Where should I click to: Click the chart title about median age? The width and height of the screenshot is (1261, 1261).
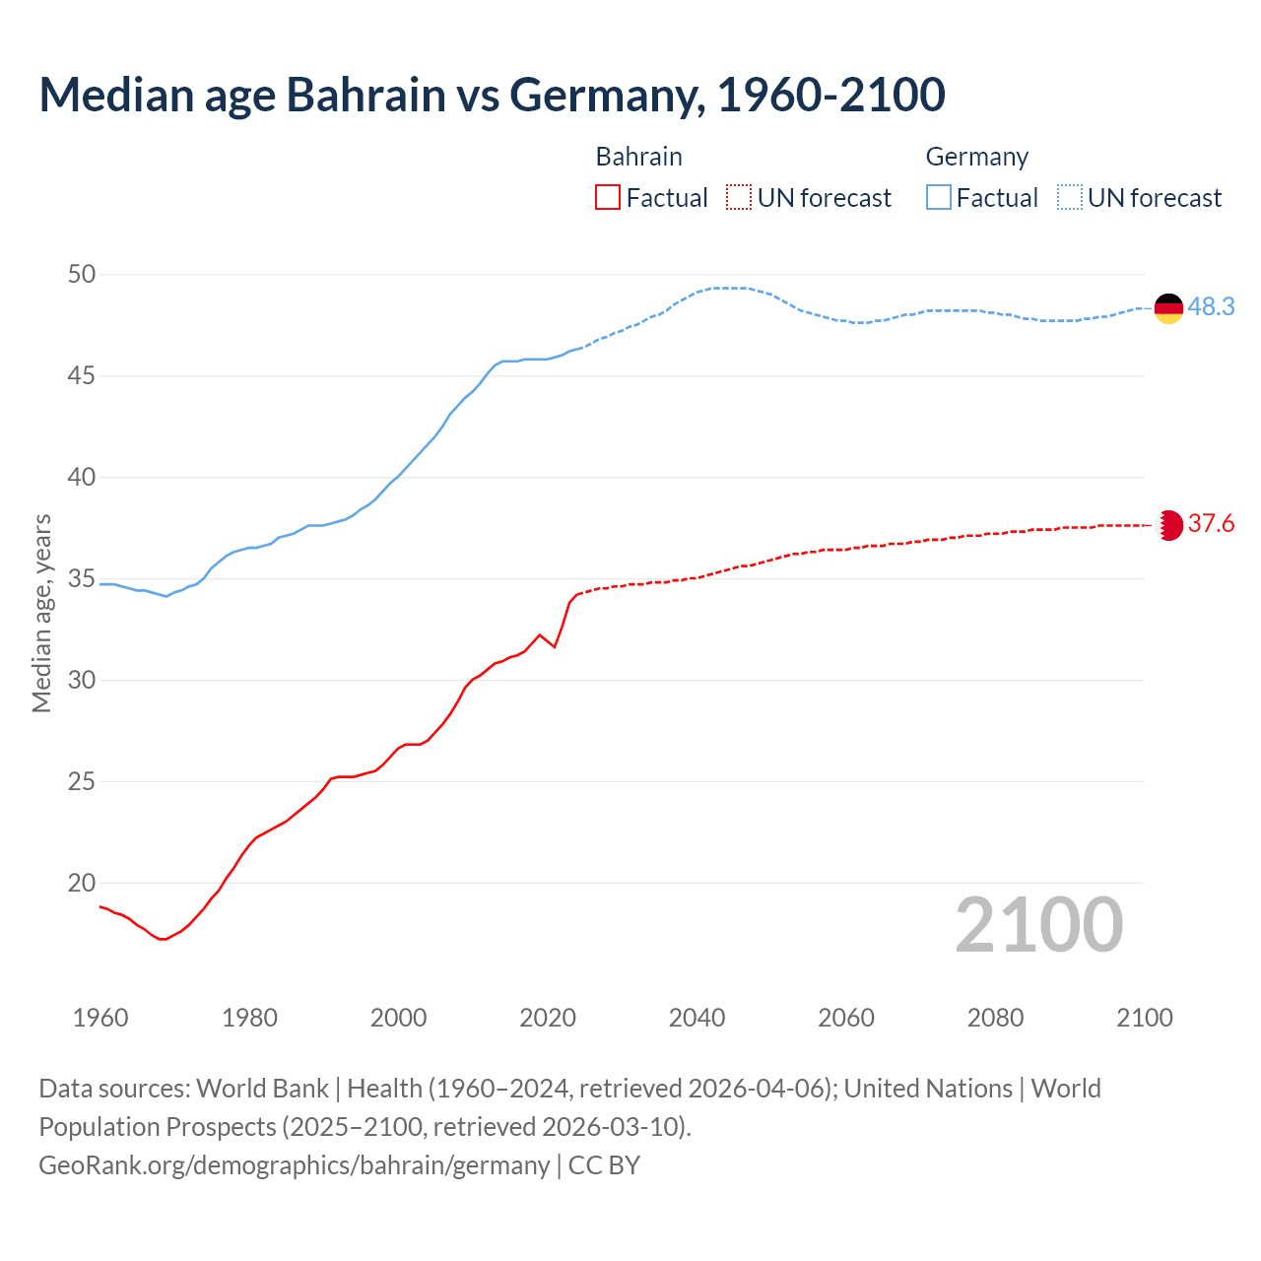(x=492, y=95)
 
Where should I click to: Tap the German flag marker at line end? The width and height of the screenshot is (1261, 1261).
(x=1168, y=308)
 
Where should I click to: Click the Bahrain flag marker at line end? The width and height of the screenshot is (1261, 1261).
(x=1169, y=525)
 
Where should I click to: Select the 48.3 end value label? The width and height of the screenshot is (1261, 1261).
(x=1211, y=307)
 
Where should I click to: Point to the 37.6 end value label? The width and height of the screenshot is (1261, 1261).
(x=1211, y=524)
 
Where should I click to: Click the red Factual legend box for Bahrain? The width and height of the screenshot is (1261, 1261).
(x=608, y=198)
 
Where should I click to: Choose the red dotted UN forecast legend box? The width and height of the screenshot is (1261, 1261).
(x=739, y=198)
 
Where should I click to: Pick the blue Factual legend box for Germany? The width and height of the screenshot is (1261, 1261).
(x=939, y=198)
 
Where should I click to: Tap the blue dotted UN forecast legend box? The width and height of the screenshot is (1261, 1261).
(x=1070, y=198)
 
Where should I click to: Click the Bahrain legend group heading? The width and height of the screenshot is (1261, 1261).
(x=638, y=157)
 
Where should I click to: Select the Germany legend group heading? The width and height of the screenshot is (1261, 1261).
(x=976, y=157)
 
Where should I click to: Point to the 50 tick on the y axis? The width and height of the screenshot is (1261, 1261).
(x=82, y=275)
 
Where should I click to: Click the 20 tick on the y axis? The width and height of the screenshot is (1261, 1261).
(x=82, y=884)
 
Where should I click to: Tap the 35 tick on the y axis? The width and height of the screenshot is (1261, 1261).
(x=82, y=579)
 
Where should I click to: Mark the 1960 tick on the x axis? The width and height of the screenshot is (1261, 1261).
(x=100, y=1018)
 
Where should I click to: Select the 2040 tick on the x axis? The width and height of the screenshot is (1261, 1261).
(x=697, y=1018)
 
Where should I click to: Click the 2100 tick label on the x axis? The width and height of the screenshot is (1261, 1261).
(x=1144, y=1018)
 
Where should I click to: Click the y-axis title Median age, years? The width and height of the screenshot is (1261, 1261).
(x=41, y=613)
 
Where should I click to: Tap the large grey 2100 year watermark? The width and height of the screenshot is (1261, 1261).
(x=1038, y=924)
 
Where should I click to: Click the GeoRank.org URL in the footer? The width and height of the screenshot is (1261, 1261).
(x=294, y=1165)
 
